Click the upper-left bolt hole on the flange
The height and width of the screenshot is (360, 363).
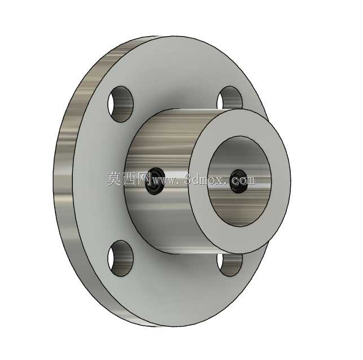click(x=121, y=104)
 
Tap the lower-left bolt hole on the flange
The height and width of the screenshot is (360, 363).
click(x=120, y=258)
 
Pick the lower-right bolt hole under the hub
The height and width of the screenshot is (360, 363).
click(x=229, y=265)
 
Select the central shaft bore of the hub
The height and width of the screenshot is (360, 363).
click(x=239, y=181)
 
